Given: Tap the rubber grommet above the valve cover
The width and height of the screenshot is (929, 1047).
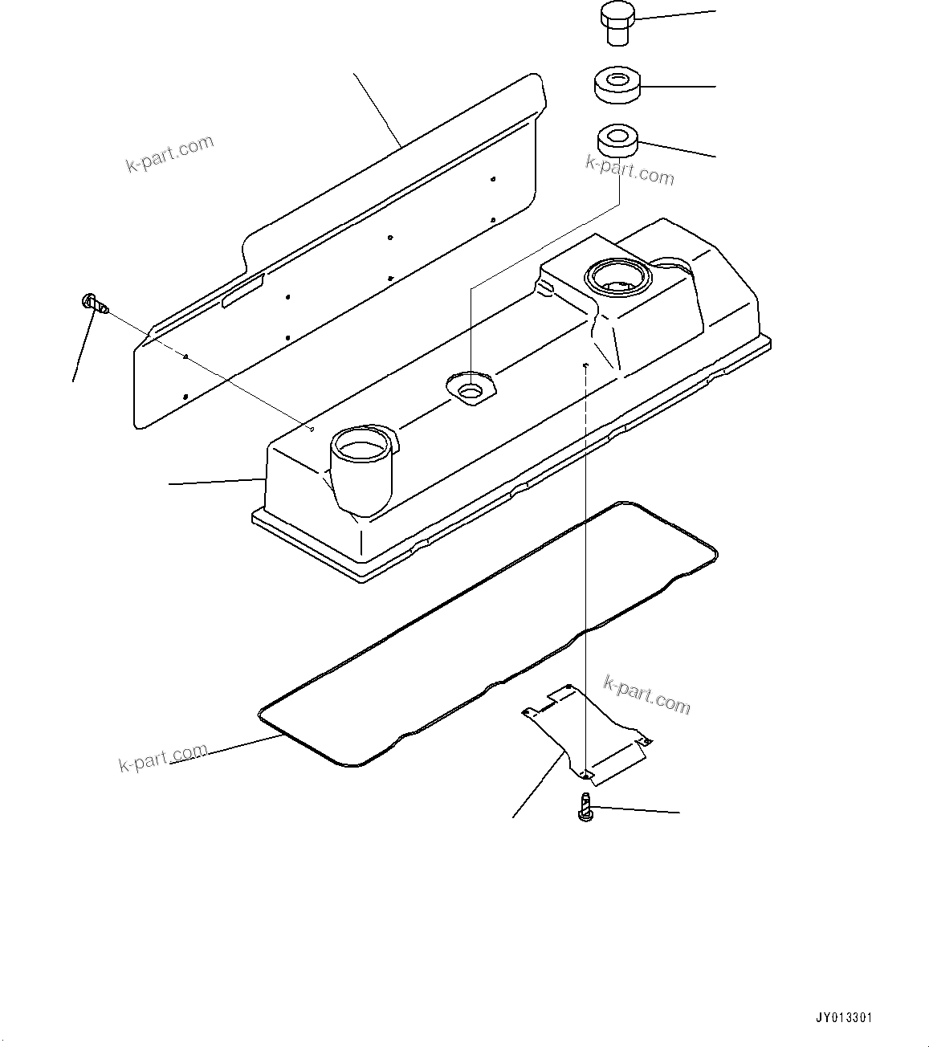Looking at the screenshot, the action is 617,141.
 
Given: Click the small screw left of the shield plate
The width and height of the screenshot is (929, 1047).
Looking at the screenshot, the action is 96,303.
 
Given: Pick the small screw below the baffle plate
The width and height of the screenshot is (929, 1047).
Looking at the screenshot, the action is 585,807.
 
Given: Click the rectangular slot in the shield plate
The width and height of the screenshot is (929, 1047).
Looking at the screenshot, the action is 243,291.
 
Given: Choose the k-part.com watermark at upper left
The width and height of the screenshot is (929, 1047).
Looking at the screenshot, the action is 169,153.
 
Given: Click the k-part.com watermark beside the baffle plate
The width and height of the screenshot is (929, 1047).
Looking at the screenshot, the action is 646,695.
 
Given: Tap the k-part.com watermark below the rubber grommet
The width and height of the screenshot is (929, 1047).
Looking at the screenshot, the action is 630,170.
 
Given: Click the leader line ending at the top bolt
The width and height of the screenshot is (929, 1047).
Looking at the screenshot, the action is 675,14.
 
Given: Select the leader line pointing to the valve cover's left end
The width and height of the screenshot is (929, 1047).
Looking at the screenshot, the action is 218,482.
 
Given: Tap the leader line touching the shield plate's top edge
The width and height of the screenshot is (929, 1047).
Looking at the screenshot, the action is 377,109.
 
